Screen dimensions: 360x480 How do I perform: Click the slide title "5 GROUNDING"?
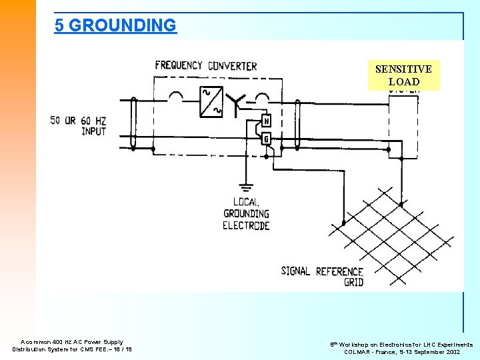[x=115, y=25]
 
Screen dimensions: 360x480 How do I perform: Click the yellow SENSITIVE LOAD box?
[x=403, y=75]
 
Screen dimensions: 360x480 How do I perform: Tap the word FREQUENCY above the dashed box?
[x=178, y=65]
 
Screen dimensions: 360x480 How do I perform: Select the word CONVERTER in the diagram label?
[x=232, y=66]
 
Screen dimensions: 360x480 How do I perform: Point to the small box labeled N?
[x=266, y=121]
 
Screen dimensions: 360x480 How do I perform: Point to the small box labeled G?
[x=266, y=139]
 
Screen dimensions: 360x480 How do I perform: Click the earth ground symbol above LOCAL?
[x=246, y=187]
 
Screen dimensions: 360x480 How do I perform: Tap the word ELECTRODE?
[x=246, y=226]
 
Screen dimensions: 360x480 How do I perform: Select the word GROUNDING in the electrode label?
[x=246, y=214]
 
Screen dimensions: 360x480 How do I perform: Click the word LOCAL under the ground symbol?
[x=246, y=202]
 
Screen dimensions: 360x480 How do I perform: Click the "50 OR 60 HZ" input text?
[x=78, y=121]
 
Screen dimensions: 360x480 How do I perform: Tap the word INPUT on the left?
[x=93, y=131]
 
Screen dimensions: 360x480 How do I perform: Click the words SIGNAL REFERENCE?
[x=322, y=271]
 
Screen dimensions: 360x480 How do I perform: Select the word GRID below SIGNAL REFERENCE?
[x=353, y=282]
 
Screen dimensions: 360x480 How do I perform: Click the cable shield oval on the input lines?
[x=134, y=124]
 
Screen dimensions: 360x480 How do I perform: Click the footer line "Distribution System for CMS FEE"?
[x=72, y=349]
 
